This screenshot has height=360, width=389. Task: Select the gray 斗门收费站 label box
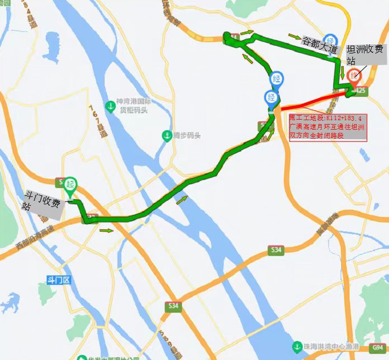(x=43, y=204)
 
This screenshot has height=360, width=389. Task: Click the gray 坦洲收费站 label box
(x=364, y=55)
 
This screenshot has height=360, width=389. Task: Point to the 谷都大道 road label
(x=319, y=45)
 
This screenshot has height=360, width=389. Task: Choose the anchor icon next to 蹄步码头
(x=166, y=135)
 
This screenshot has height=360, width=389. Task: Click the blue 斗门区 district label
(x=59, y=280)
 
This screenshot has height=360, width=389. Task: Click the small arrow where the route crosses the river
(x=181, y=200)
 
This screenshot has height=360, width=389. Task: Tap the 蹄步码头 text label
(x=186, y=135)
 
